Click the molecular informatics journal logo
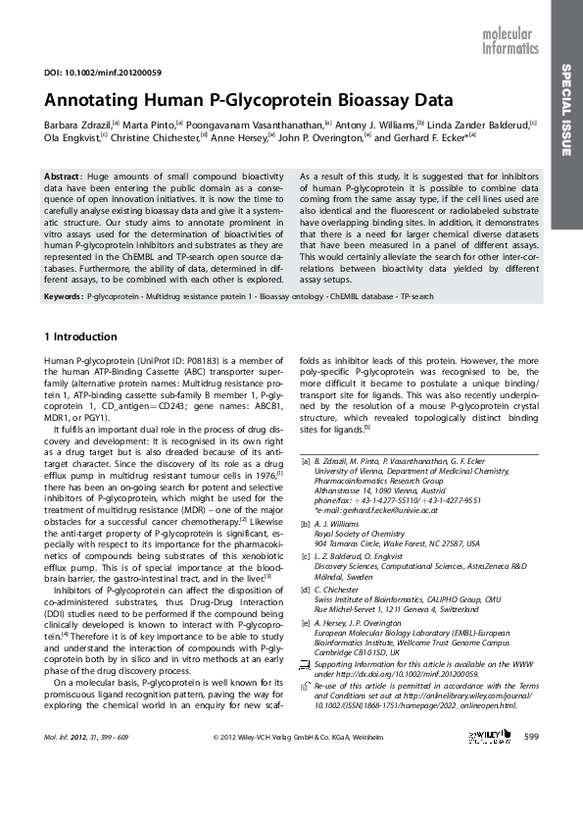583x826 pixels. tap(510, 40)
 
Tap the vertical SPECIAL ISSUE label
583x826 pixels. tap(566, 109)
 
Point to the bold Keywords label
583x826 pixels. tap(64, 295)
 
